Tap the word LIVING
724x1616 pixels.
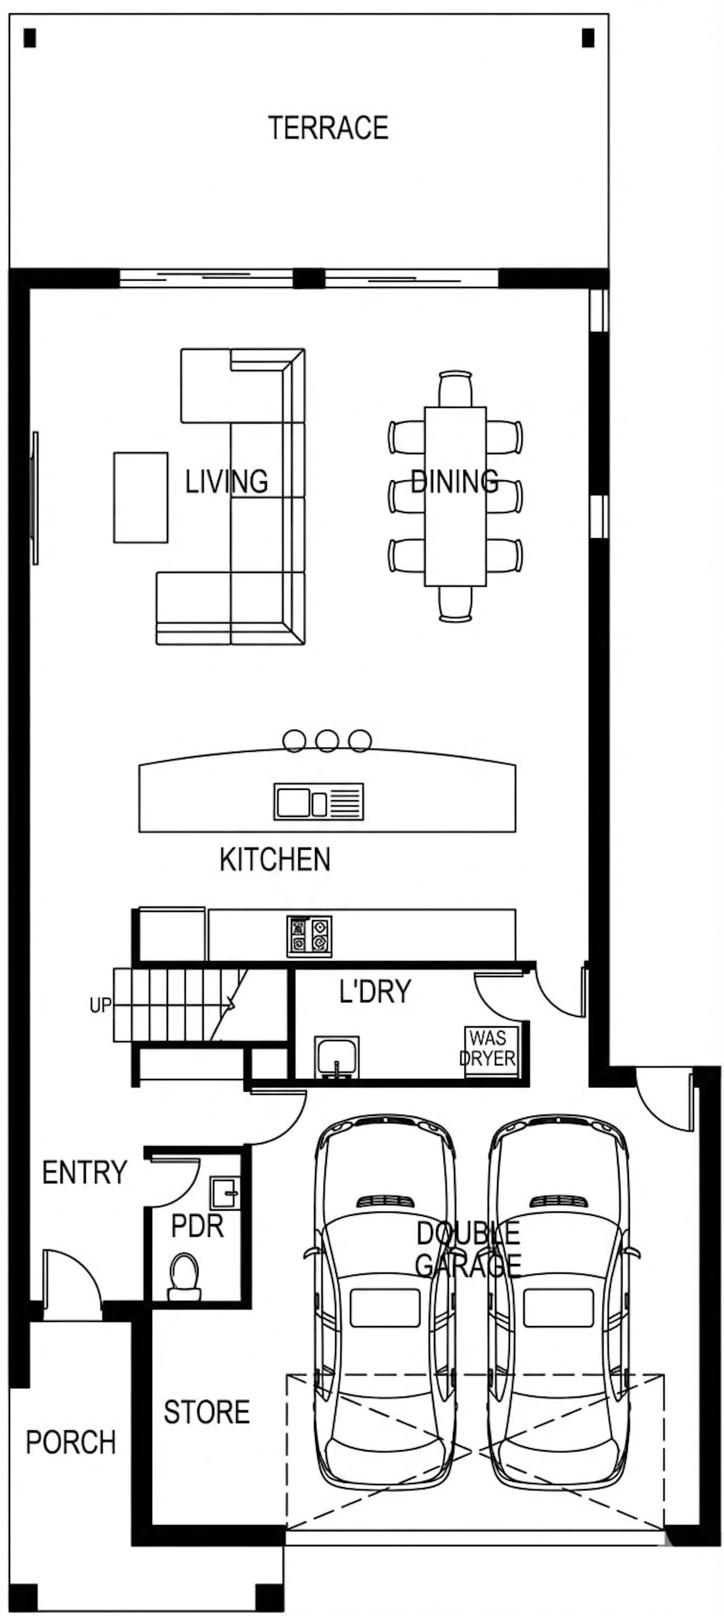coord(227,481)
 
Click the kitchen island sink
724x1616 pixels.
coord(319,801)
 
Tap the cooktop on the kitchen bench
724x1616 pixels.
coord(309,937)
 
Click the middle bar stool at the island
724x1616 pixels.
coord(327,740)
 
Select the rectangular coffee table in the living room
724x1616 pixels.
coord(141,497)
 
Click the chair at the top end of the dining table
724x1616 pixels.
coord(456,389)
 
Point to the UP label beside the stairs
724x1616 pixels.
coord(100,1005)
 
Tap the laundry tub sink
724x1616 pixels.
coord(337,1057)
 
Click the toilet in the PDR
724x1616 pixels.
coord(185,1276)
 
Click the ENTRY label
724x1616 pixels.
coord(85,1172)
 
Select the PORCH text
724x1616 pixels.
coord(71,1442)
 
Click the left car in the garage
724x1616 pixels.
coord(383,1299)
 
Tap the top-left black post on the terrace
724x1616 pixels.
coord(29,38)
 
